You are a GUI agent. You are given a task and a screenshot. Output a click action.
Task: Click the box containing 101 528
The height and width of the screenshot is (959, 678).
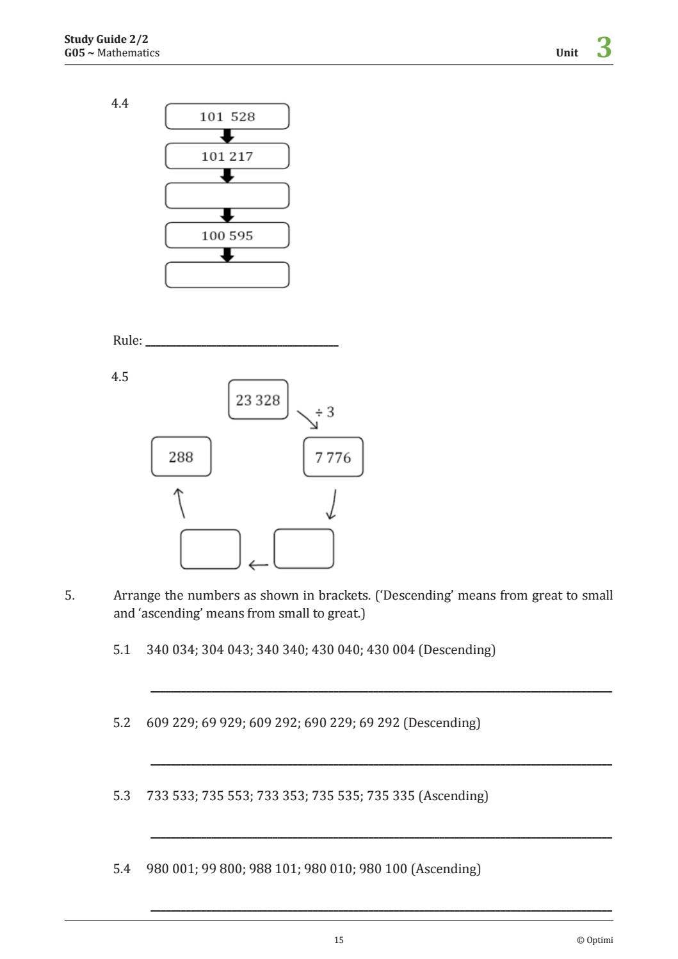click(227, 117)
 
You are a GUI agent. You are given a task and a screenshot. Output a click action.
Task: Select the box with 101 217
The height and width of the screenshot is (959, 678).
click(227, 156)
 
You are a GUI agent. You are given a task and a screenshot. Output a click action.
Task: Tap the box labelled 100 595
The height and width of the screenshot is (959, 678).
click(227, 236)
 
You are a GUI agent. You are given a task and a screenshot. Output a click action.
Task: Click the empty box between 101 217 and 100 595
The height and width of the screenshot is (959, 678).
click(227, 196)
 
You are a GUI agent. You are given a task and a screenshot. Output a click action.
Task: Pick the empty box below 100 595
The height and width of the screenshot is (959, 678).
click(227, 275)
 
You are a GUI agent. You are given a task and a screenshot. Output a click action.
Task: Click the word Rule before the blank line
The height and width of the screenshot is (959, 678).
click(126, 340)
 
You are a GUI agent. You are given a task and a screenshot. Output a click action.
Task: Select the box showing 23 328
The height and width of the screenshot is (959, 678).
click(258, 400)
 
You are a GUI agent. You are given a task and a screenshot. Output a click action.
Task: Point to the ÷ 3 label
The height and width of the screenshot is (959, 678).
click(325, 412)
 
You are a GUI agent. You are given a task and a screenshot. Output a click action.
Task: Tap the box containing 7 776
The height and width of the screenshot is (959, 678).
click(333, 457)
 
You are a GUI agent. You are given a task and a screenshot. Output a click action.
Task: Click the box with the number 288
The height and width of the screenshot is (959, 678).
click(181, 457)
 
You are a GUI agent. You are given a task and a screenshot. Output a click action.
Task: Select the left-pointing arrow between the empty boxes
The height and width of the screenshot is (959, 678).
click(258, 565)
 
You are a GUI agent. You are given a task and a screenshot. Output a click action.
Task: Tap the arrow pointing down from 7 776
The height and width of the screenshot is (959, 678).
click(332, 504)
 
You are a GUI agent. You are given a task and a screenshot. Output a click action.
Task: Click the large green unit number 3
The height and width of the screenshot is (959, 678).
click(604, 48)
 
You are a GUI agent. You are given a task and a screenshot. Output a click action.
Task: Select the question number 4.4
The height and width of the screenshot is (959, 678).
click(120, 103)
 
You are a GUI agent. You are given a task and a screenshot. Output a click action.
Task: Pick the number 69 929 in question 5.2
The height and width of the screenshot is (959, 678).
click(222, 723)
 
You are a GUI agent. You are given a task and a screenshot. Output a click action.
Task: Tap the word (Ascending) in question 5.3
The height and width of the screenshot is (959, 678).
click(453, 796)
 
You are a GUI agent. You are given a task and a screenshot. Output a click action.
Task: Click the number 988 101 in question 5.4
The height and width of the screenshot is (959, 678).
click(273, 869)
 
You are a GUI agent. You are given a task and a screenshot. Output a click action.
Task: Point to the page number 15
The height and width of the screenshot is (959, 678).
click(339, 940)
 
